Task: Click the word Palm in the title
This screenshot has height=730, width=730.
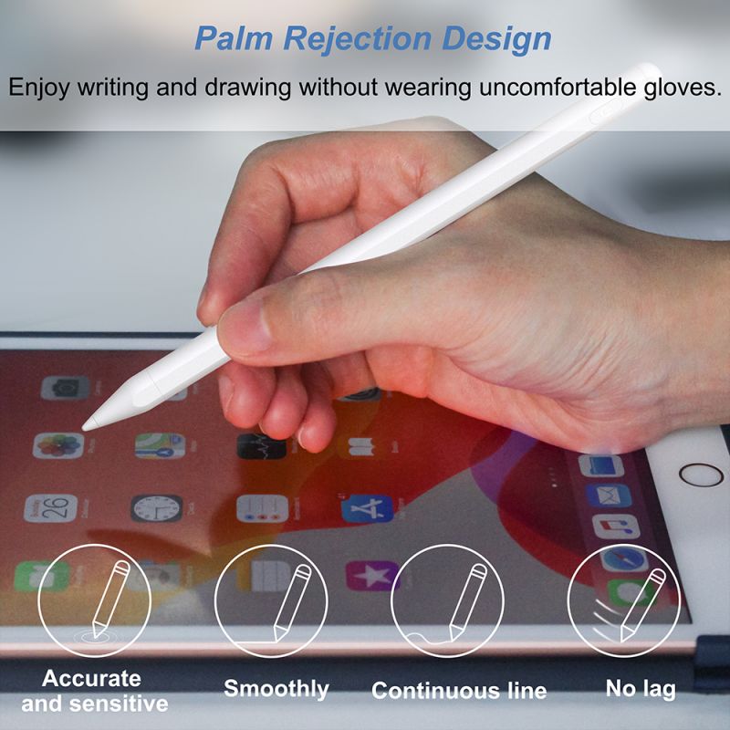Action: pos(234,38)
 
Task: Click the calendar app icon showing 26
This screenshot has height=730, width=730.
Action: pos(51,508)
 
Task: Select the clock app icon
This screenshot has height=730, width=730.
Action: pos(156,508)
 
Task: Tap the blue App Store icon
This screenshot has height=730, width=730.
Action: pos(368,509)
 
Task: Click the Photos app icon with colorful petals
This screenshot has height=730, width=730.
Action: pos(58,445)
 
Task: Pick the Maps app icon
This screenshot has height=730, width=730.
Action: pos(160,445)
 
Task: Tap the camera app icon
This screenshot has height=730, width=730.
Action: pos(65,388)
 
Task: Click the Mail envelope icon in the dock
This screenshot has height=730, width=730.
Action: pos(609,495)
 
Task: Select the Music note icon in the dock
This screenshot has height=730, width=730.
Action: pos(616,527)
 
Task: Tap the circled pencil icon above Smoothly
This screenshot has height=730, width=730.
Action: pos(271,600)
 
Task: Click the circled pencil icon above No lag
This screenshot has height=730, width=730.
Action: pos(623,600)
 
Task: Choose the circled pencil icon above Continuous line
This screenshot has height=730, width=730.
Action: pos(447,600)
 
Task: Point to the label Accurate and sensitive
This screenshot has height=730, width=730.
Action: pos(95,691)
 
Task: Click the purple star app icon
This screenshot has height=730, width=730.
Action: pos(372,576)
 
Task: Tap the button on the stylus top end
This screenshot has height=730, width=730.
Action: pos(605,112)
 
